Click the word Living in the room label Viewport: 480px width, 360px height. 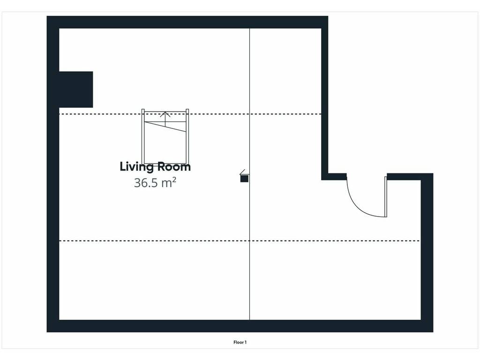136,167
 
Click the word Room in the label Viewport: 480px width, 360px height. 174,167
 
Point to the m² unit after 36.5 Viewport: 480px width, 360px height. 169,182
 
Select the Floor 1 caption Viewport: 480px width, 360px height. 240,342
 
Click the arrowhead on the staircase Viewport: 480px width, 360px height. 165,114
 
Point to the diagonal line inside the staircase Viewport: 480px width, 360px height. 165,127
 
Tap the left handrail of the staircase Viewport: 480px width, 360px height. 143,136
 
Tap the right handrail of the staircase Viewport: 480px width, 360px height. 187,136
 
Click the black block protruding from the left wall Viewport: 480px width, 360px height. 76,90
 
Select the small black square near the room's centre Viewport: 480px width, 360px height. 244,178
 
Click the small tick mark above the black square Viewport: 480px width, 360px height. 242,172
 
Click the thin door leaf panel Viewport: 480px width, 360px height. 386,197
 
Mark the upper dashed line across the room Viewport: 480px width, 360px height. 190,114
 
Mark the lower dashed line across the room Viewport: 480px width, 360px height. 240,241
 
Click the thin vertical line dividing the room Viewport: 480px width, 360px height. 249,174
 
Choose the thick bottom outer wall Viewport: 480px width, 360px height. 240,326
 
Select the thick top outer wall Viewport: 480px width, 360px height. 187,22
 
